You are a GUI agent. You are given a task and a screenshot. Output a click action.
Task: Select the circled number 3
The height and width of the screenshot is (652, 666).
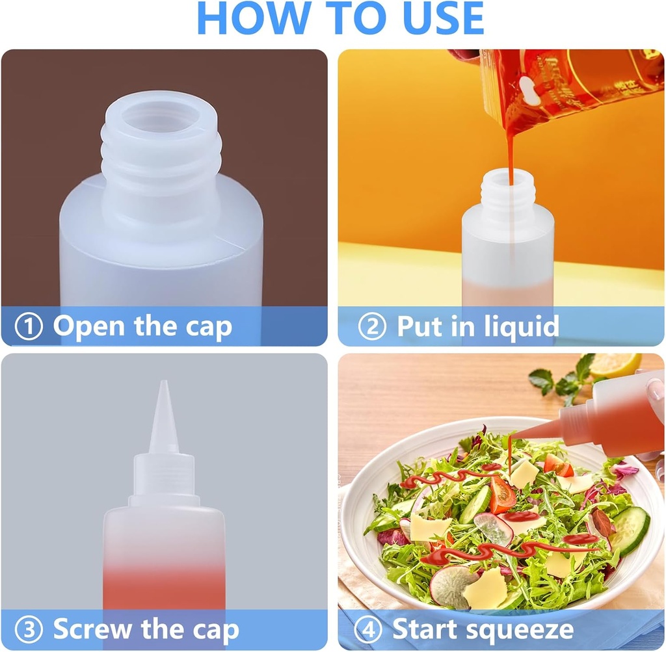pyautogui.click(x=29, y=630)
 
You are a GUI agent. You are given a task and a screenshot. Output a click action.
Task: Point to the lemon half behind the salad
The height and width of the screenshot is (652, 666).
pyautogui.click(x=615, y=365)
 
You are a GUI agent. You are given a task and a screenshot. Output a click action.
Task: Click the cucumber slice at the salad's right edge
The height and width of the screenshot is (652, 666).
pyautogui.click(x=630, y=530)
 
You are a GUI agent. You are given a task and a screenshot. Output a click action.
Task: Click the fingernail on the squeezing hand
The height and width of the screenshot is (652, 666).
pyautogui.click(x=656, y=390)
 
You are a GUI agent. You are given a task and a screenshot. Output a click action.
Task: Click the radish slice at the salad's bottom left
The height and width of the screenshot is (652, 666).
pyautogui.click(x=452, y=586)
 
